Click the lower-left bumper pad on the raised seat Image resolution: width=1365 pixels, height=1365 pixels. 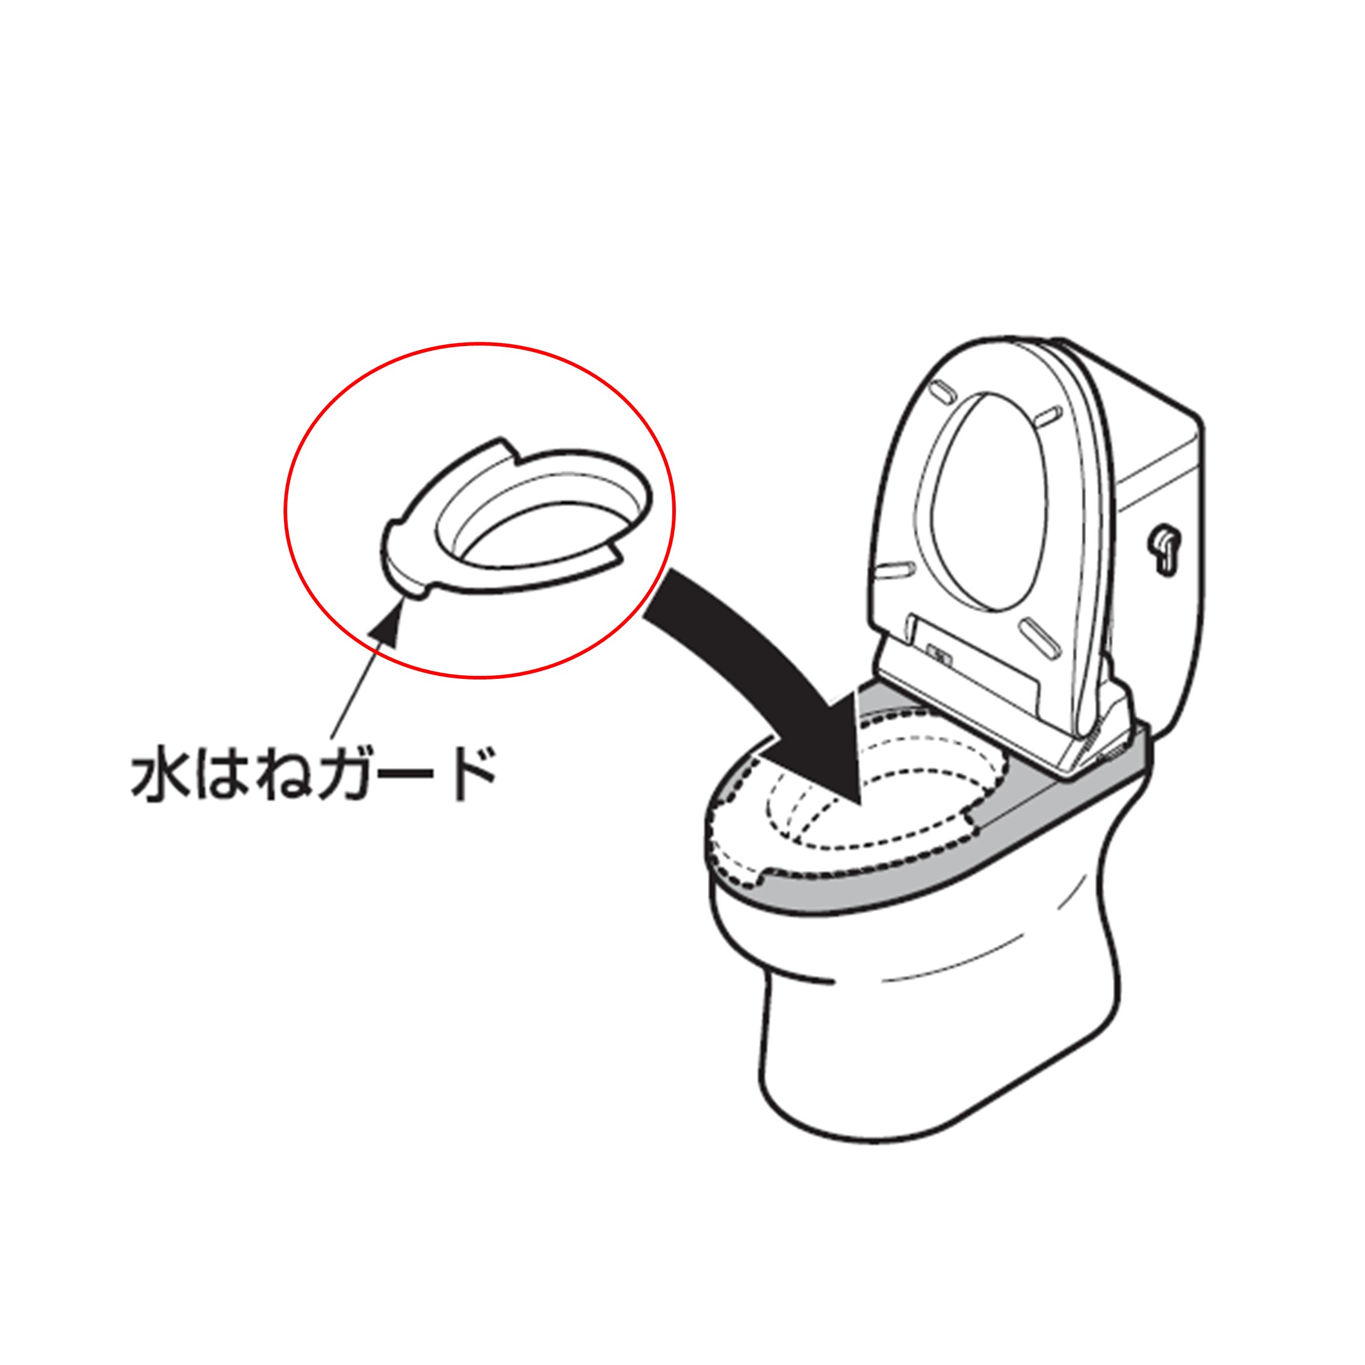coord(894,568)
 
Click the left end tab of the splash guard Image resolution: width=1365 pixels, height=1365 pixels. coord(400,558)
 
